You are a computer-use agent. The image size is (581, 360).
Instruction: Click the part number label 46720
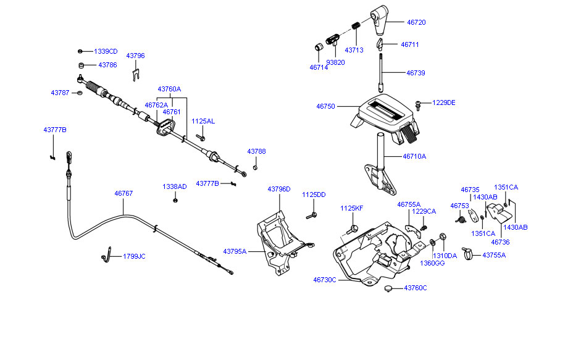click(x=416, y=22)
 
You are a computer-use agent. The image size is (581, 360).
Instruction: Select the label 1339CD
click(x=106, y=51)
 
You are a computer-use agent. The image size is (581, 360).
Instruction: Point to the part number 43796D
click(x=279, y=189)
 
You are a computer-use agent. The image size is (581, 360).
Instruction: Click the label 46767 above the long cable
click(x=123, y=193)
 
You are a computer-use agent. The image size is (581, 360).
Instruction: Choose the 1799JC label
click(x=134, y=256)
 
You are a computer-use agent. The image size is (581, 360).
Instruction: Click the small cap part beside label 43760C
click(x=388, y=288)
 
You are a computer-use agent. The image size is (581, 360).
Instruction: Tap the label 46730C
click(x=325, y=280)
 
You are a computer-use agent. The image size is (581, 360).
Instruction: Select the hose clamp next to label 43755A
click(x=467, y=252)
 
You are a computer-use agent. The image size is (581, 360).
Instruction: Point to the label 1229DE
click(x=444, y=103)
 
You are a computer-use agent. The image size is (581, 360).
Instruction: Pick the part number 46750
click(x=325, y=106)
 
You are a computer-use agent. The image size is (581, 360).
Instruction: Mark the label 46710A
click(x=414, y=157)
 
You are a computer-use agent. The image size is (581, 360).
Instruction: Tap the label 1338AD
click(x=175, y=186)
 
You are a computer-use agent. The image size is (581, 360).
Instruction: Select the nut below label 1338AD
click(x=176, y=199)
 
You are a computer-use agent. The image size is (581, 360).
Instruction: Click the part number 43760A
click(x=169, y=89)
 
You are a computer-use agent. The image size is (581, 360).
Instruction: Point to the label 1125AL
click(x=203, y=121)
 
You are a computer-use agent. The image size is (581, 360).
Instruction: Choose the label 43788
click(x=257, y=151)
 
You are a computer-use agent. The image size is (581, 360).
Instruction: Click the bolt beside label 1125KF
click(x=354, y=228)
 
